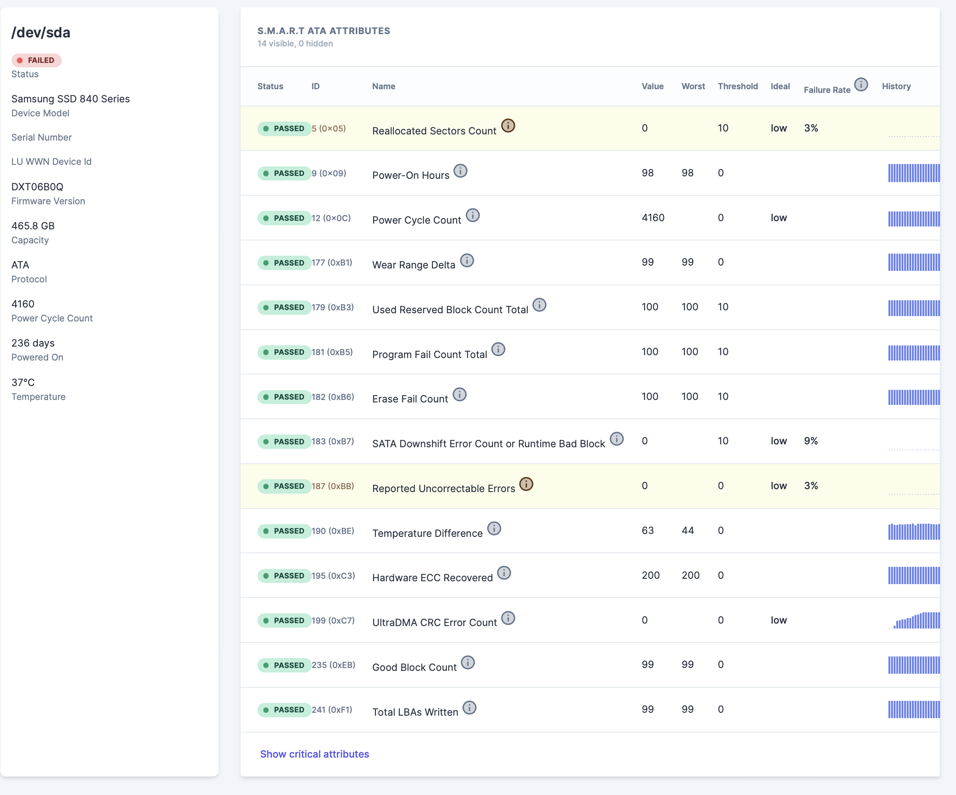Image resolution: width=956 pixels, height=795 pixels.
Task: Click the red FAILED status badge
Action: click(x=37, y=60)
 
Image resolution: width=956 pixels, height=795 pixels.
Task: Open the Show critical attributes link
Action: click(x=314, y=753)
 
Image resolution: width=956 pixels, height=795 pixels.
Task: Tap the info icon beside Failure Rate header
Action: click(x=861, y=85)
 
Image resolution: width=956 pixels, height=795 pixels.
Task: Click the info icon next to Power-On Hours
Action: click(x=460, y=171)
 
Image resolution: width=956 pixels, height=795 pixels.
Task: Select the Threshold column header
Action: click(x=738, y=86)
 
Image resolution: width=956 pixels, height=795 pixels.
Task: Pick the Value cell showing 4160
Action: click(x=653, y=218)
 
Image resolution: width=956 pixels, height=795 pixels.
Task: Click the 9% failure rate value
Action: click(x=811, y=441)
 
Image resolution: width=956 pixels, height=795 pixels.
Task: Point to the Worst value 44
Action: click(x=687, y=530)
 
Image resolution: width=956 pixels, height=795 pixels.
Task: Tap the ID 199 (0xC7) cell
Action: click(x=333, y=620)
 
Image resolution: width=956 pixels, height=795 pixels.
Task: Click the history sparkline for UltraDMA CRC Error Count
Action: click(x=913, y=620)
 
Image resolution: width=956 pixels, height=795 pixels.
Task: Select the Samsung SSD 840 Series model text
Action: click(x=71, y=99)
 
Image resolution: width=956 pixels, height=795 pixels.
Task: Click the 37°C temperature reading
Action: click(x=23, y=382)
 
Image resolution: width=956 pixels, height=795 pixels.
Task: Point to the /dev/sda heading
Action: click(x=41, y=33)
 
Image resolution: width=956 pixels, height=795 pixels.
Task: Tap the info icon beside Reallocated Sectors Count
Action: click(x=508, y=125)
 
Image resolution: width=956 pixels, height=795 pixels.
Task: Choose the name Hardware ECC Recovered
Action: click(x=432, y=578)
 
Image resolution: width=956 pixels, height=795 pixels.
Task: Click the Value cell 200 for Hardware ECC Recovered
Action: click(x=650, y=575)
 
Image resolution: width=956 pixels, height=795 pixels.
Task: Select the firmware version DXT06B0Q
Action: click(x=37, y=187)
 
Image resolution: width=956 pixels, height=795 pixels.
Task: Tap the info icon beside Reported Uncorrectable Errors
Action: click(x=526, y=484)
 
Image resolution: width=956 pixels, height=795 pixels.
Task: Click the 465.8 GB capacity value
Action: click(x=33, y=226)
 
